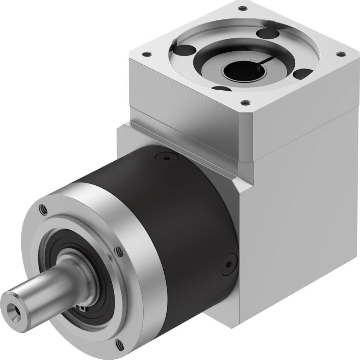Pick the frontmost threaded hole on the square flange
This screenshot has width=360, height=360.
point(242,103)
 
